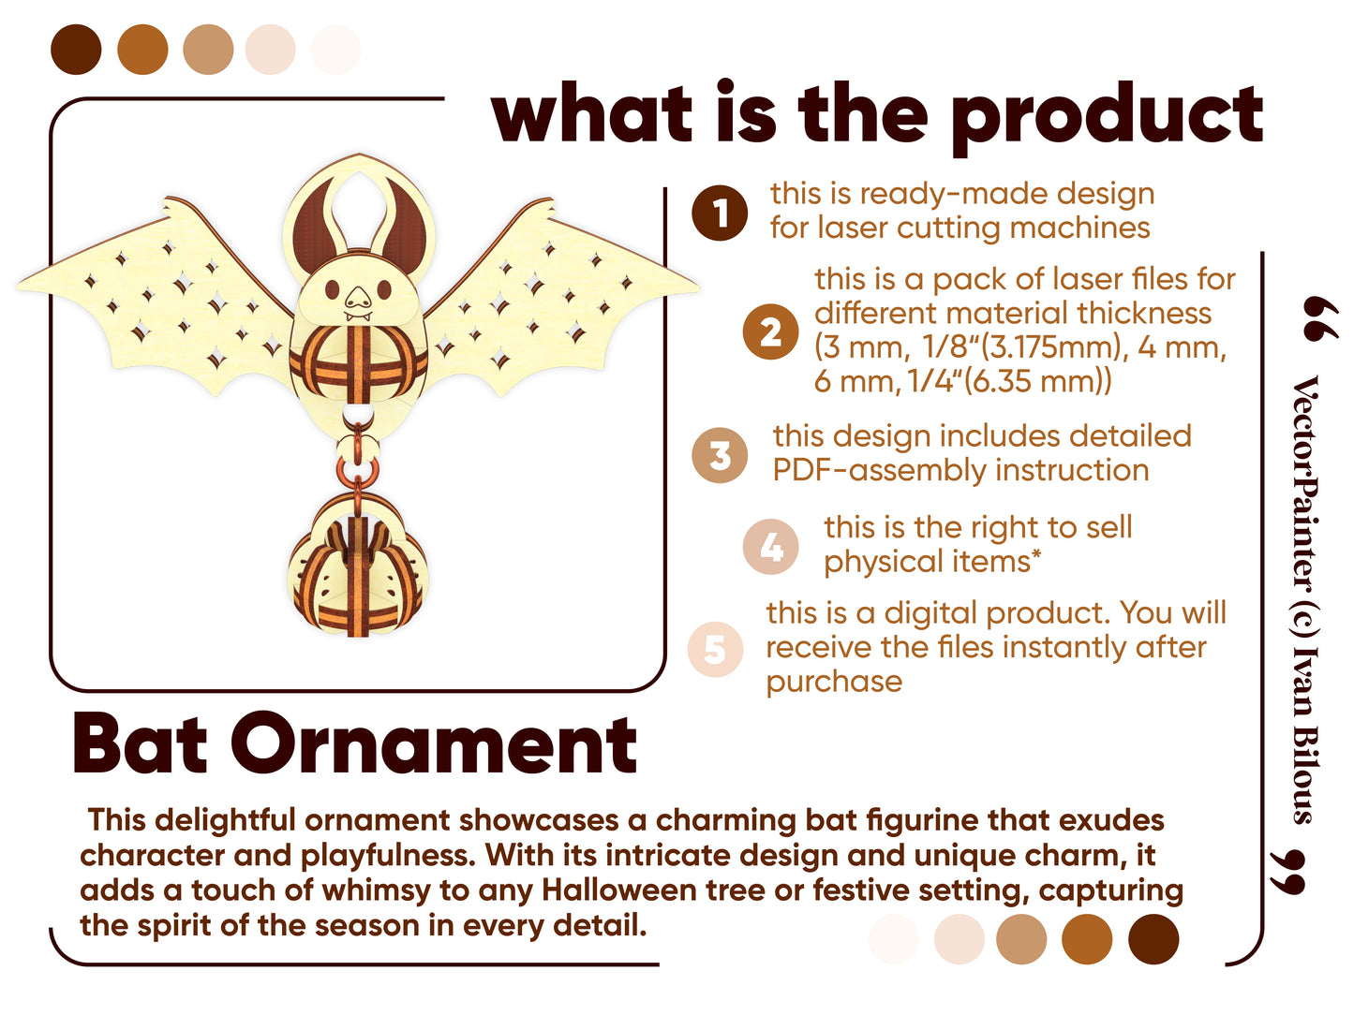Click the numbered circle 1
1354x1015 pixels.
[720, 213]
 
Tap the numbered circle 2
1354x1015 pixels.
[770, 331]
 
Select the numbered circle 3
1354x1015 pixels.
[720, 455]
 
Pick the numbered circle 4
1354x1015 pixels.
[770, 547]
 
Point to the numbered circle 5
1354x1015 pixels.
[715, 650]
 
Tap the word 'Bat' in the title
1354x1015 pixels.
[140, 743]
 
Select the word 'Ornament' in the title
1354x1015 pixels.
[434, 743]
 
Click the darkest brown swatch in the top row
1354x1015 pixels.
[76, 50]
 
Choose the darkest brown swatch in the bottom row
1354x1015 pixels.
[1153, 938]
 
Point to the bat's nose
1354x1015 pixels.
[358, 299]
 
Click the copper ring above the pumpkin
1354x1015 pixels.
[357, 470]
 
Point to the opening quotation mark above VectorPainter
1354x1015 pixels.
[1320, 318]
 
